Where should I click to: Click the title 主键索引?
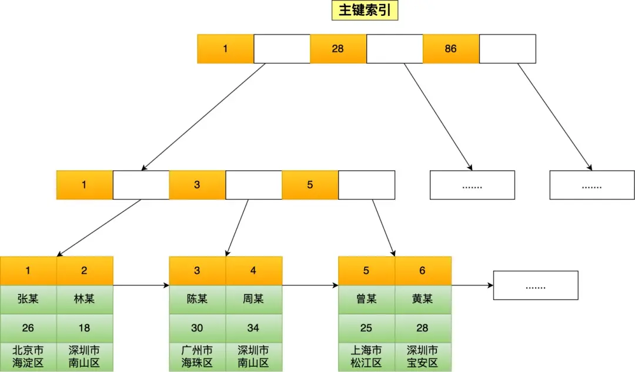[365, 11]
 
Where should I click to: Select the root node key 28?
[337, 49]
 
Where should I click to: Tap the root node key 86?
[450, 49]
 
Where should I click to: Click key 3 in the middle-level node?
[197, 185]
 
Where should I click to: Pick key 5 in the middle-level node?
[310, 185]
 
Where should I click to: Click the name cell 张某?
[28, 299]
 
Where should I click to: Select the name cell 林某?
[84, 299]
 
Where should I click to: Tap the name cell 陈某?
[197, 299]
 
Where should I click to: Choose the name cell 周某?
[253, 299]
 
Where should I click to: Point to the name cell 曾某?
[366, 299]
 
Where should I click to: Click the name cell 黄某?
[422, 299]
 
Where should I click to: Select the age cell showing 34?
[253, 328]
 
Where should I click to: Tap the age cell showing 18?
[84, 328]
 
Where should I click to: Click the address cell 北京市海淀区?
[28, 357]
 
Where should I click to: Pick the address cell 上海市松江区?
[366, 357]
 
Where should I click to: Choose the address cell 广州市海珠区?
[197, 357]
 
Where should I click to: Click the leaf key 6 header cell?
[422, 271]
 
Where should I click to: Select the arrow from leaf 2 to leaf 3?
[141, 286]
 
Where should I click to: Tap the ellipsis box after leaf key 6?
[535, 285]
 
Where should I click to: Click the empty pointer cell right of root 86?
[507, 49]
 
